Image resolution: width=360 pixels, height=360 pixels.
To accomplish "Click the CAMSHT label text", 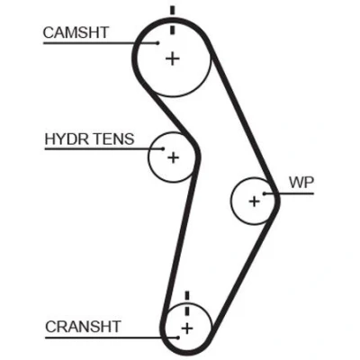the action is [x=76, y=32].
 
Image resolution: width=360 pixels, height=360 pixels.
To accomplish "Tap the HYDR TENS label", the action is [x=89, y=139].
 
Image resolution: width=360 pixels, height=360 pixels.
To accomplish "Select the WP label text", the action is [x=301, y=182].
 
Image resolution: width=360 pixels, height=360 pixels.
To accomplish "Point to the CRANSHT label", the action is [x=83, y=327].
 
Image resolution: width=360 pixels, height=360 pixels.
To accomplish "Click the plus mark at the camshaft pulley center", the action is [x=173, y=58].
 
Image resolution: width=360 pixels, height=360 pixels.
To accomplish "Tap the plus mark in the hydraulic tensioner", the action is [x=173, y=157].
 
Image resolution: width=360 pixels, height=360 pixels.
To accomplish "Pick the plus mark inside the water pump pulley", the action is [x=254, y=202].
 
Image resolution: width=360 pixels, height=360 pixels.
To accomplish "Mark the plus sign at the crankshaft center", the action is [x=187, y=328].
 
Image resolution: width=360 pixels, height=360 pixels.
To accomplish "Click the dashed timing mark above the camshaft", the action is [x=172, y=20].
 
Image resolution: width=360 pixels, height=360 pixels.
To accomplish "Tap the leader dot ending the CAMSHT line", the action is [x=157, y=43].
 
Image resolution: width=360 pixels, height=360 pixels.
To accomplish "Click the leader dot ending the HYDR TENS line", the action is [x=163, y=148].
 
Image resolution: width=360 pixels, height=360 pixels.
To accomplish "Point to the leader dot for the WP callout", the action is [x=265, y=193].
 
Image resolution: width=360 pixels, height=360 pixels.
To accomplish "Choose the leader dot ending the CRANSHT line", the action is [x=178, y=337].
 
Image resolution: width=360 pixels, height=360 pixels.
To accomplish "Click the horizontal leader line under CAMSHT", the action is [x=101, y=43].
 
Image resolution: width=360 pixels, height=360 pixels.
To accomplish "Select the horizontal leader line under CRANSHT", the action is [x=112, y=337].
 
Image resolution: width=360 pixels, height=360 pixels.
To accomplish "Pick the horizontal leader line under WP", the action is [x=289, y=193].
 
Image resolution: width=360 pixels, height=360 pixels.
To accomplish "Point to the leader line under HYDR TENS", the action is [x=104, y=148].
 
